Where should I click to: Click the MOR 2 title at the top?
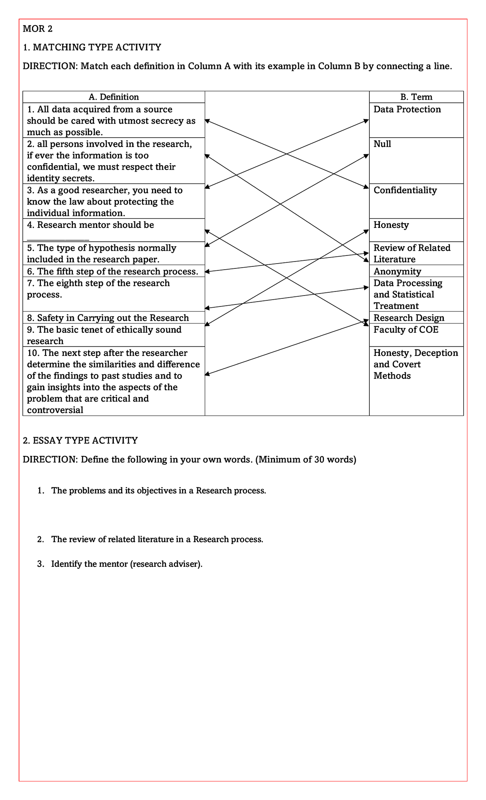click(x=38, y=29)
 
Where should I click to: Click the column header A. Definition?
click(x=113, y=97)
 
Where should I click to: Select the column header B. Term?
click(x=416, y=97)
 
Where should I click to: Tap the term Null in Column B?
click(x=382, y=144)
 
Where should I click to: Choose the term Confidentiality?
click(x=405, y=190)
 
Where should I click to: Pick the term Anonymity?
click(x=397, y=271)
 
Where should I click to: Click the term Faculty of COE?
click(x=406, y=330)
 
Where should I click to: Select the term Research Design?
click(x=409, y=318)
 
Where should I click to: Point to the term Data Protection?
click(x=407, y=109)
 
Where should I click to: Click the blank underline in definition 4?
click(x=58, y=238)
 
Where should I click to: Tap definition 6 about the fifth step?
click(x=113, y=271)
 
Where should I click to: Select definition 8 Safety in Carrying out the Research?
click(x=108, y=318)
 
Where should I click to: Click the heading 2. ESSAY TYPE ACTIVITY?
click(x=80, y=440)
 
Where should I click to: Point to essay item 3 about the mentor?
click(x=126, y=564)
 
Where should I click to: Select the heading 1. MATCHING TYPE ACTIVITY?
click(x=92, y=47)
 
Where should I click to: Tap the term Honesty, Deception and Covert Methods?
click(x=416, y=364)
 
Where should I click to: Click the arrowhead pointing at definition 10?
click(x=207, y=374)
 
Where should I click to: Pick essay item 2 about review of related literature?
click(x=157, y=539)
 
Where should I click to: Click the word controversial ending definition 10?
click(x=55, y=410)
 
